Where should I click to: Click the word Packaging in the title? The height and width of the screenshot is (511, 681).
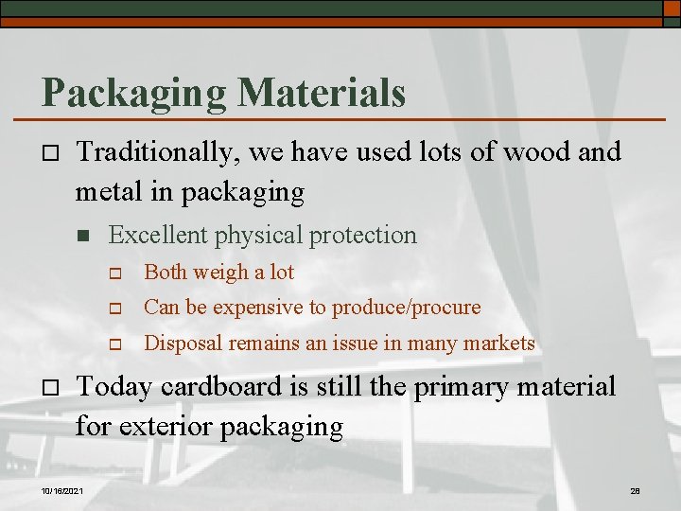pyautogui.click(x=132, y=94)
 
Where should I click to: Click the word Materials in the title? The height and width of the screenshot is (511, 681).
pyautogui.click(x=322, y=93)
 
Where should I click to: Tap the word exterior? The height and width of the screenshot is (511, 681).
pyautogui.click(x=166, y=427)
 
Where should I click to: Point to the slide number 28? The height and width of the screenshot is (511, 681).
pyautogui.click(x=636, y=490)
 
